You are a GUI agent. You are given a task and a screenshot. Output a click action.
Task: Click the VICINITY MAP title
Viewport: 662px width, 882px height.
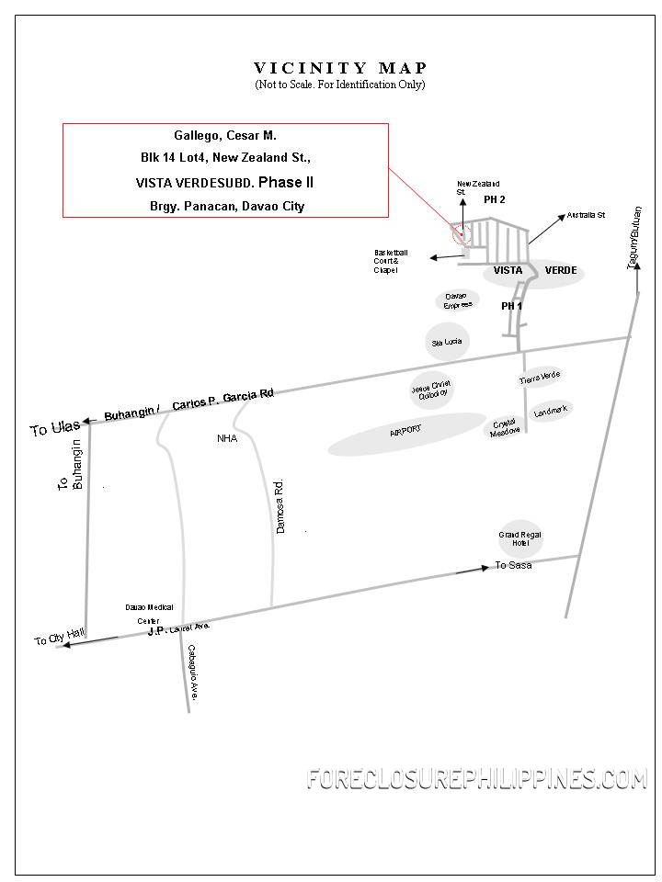[x=340, y=68]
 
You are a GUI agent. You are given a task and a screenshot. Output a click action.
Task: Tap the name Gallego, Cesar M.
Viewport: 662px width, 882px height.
[x=225, y=135]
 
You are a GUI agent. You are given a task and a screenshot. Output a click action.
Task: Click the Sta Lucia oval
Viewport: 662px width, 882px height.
[x=447, y=342]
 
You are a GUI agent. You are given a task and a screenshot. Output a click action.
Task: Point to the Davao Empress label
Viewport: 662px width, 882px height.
[x=457, y=300]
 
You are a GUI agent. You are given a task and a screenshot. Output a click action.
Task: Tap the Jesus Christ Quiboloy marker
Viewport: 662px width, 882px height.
[x=429, y=390]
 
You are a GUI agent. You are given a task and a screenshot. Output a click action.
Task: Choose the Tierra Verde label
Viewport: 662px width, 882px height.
[x=540, y=378]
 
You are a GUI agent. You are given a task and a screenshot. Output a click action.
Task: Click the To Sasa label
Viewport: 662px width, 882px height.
[x=513, y=565]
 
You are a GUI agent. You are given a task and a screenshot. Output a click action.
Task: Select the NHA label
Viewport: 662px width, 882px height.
[x=227, y=438]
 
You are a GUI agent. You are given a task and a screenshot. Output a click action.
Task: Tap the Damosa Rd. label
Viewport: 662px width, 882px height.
[x=281, y=505]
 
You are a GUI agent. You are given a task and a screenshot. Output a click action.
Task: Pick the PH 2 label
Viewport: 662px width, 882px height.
[x=495, y=199]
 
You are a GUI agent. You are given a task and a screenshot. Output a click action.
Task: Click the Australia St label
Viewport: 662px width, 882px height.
[x=586, y=215]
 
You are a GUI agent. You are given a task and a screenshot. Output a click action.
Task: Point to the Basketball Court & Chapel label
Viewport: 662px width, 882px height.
[x=390, y=262]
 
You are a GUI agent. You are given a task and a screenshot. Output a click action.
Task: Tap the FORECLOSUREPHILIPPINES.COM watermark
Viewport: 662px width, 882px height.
[x=476, y=779]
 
